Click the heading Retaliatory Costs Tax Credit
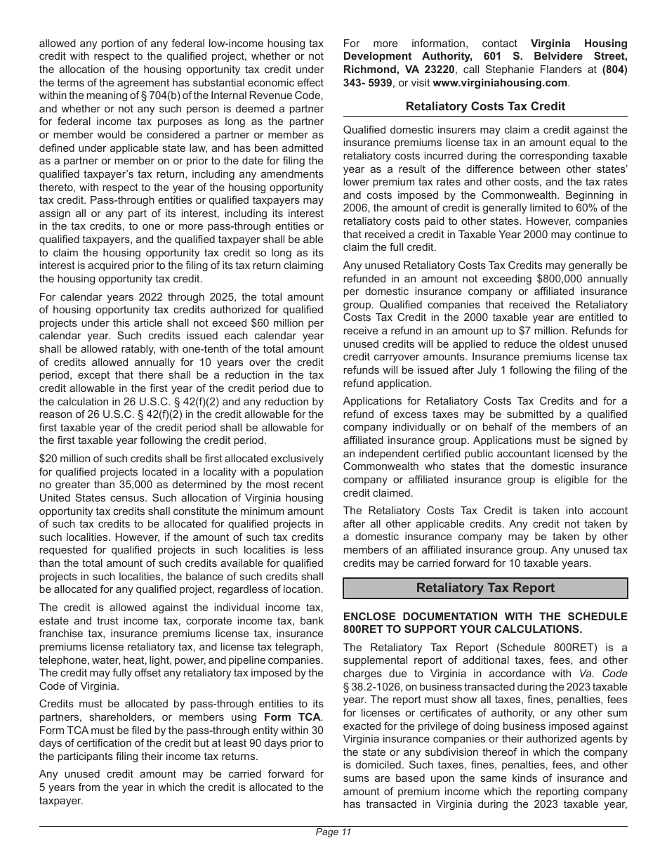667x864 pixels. pos(485,106)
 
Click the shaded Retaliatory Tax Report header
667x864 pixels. pos(485,588)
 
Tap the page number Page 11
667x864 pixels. pos(333,832)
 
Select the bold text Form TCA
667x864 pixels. pos(293,716)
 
